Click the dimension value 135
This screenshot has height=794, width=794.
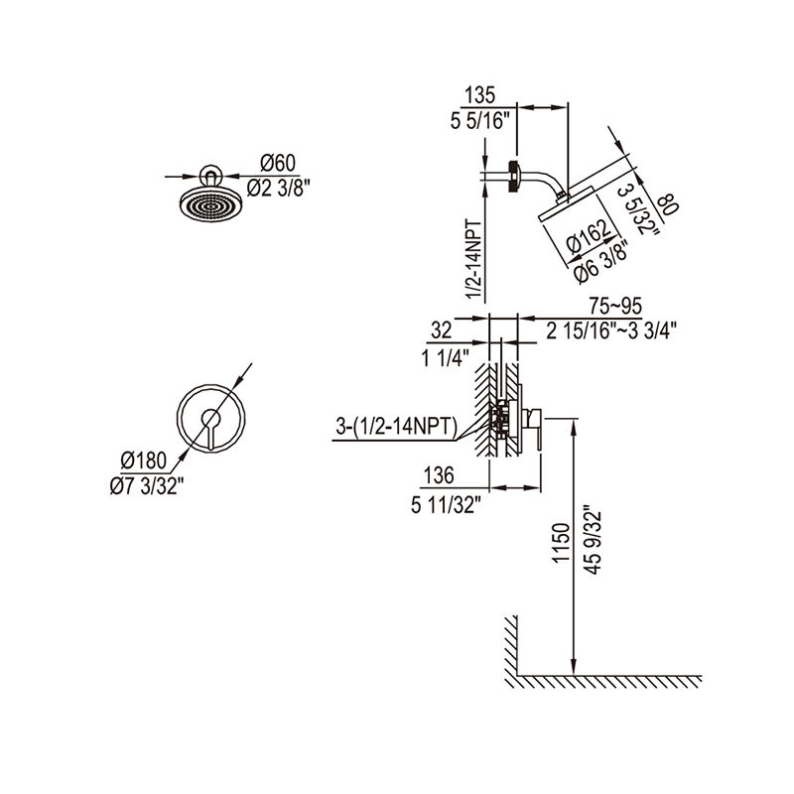[480, 95]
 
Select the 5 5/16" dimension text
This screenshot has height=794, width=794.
[478, 121]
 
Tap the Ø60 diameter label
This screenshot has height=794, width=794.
[278, 164]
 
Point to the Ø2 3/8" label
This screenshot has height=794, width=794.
[278, 189]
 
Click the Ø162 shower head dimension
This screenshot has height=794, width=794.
[589, 237]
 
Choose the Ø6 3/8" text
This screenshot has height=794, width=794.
[601, 261]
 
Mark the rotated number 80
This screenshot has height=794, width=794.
[667, 204]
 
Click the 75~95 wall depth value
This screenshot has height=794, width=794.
[615, 306]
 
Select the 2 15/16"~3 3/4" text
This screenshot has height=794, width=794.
[611, 331]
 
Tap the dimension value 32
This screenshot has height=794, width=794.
[441, 331]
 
